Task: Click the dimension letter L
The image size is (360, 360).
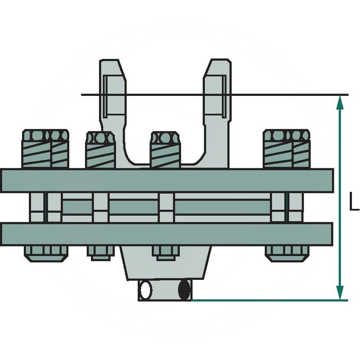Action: [x=354, y=201]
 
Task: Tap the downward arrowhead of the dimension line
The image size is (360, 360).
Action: [x=340, y=292]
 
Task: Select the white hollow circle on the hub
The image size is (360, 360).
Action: [x=145, y=290]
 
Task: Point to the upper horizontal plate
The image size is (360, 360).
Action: [x=166, y=180]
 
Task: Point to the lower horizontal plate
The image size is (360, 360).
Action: [x=166, y=234]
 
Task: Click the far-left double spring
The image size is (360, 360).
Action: [x=45, y=148]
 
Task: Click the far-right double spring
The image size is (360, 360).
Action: [x=287, y=148]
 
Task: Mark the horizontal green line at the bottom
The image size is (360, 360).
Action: [x=265, y=300]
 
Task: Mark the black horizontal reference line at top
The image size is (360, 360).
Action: [x=279, y=95]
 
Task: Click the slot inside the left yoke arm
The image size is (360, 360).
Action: [x=104, y=94]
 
